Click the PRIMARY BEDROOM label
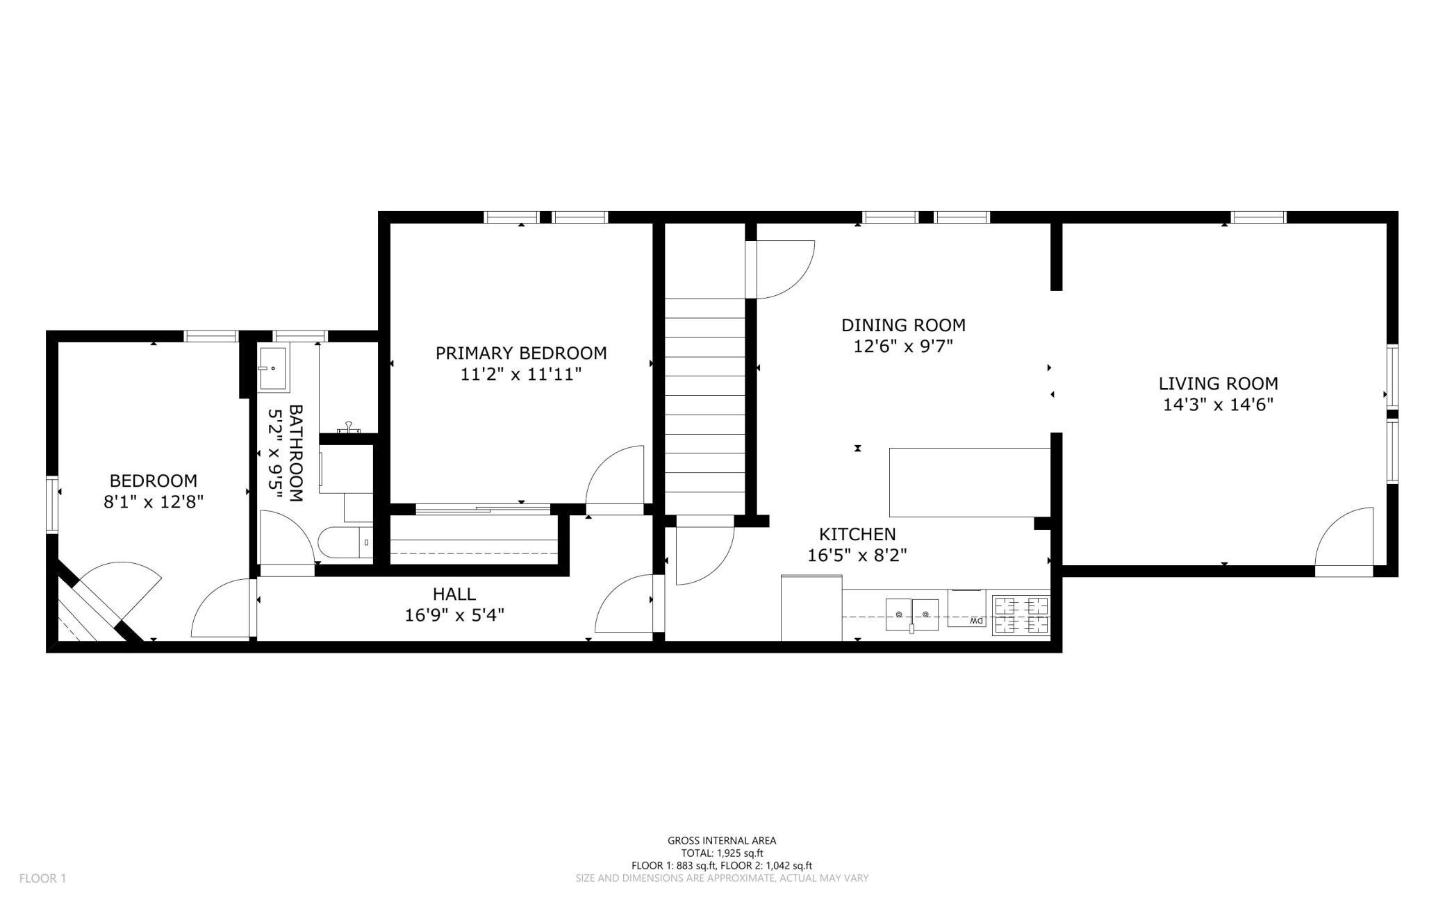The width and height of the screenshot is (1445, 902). click(x=521, y=353)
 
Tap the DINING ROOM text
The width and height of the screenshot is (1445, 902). click(x=903, y=325)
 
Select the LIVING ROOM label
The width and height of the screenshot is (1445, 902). click(x=1218, y=383)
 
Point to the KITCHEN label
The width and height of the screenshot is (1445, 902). click(x=857, y=534)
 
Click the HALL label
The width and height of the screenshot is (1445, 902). click(x=454, y=594)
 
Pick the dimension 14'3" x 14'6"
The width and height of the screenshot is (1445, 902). click(x=1218, y=405)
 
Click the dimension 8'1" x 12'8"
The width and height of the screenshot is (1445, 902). click(x=153, y=502)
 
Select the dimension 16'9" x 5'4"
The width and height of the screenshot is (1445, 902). click(x=454, y=615)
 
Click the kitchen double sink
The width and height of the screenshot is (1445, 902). click(x=911, y=615)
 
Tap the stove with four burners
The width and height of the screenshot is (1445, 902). click(x=1021, y=615)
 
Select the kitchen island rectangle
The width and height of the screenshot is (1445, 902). click(x=970, y=483)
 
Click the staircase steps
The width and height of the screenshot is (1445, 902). click(x=705, y=406)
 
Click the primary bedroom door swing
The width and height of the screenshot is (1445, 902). click(x=615, y=480)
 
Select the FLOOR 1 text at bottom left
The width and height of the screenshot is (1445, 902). click(x=42, y=878)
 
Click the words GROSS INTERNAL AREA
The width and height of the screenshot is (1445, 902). click(x=722, y=841)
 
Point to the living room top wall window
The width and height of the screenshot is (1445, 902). click(x=1259, y=217)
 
